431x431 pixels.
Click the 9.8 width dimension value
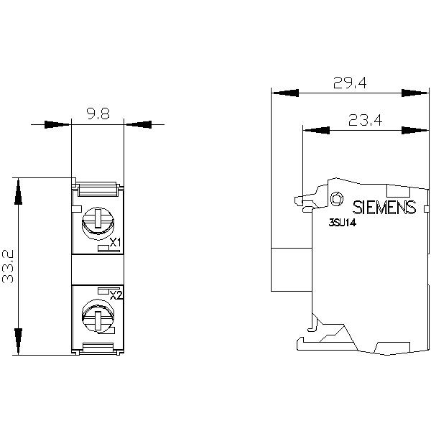(98, 113)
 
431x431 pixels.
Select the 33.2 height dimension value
(8, 267)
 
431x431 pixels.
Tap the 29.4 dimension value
(350, 83)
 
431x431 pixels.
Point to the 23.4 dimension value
(365, 120)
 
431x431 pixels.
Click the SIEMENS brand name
(384, 208)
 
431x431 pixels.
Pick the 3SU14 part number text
(342, 223)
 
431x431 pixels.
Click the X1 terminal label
(116, 243)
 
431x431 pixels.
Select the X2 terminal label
(116, 295)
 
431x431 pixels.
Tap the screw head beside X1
(98, 222)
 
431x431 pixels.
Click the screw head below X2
(98, 316)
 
